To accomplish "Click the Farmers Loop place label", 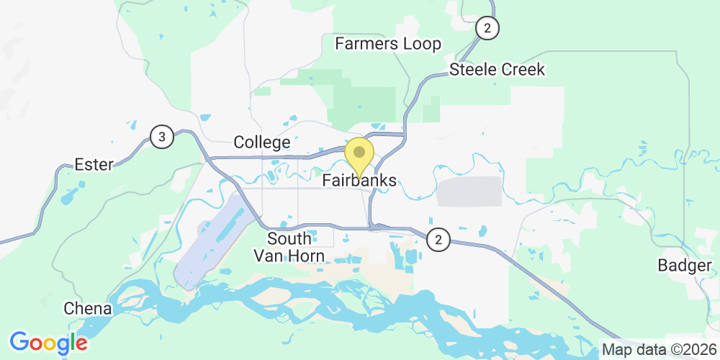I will point(388,44).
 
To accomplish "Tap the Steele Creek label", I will point(497,70).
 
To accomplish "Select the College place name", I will point(262,143).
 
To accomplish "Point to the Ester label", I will point(94,165).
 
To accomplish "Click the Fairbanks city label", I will point(359,181).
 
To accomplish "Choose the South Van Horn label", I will point(289,247).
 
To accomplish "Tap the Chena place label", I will point(88,309).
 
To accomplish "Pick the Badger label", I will point(684,266).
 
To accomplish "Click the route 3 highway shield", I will point(162,137).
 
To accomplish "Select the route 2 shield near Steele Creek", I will point(487,28).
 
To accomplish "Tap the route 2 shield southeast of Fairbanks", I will point(438,240).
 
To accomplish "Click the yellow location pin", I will point(359,153).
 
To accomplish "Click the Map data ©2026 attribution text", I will point(659,350).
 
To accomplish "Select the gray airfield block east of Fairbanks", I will point(470,192).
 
